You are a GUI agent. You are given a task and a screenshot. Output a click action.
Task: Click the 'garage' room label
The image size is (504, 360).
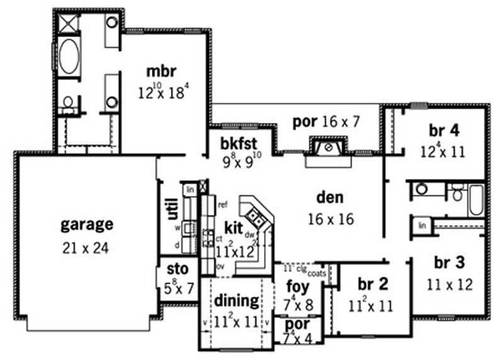[87, 224]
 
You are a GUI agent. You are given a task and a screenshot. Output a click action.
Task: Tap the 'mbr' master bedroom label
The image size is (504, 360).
[161, 71]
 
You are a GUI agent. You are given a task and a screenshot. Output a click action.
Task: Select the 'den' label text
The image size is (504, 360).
[330, 198]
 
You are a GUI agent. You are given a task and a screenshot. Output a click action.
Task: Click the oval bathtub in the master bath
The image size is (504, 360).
[68, 55]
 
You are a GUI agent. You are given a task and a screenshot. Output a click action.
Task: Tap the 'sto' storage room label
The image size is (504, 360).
[176, 270]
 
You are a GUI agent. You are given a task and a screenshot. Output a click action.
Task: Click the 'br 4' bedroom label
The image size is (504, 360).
[444, 131]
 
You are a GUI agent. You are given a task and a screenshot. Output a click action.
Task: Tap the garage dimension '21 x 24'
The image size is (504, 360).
[86, 248]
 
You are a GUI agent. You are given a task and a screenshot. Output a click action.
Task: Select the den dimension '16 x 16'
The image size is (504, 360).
[330, 219]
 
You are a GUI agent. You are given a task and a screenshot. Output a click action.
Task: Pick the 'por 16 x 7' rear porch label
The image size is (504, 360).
[326, 121]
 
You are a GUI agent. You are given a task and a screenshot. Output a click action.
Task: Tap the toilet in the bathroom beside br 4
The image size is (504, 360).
[457, 192]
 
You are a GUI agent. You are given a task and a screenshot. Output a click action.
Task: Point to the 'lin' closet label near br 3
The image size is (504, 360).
[423, 225]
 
